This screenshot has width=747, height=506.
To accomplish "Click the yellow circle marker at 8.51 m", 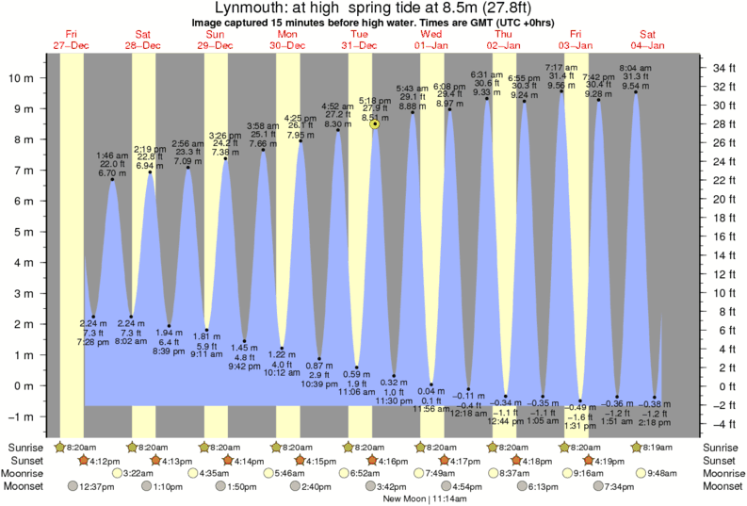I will coord(375,123).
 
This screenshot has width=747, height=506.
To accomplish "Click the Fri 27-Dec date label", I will coord(71,39).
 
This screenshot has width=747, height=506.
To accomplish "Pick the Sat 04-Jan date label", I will coord(647,39).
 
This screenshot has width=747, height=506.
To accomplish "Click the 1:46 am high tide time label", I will coord(112,155).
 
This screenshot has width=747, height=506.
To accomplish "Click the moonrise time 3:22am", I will coord(138,473).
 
